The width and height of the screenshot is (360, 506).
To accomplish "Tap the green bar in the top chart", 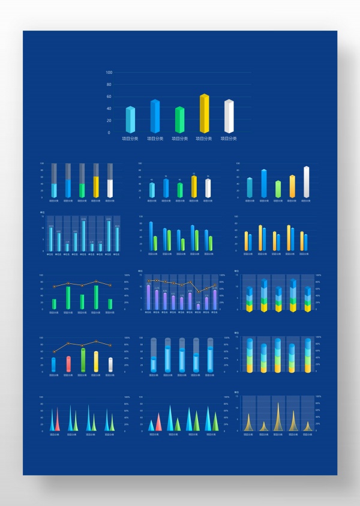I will coord(179,120).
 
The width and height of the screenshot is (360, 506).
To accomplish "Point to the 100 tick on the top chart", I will coord(109,73).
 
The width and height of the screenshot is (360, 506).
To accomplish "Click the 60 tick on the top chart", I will coord(109,97).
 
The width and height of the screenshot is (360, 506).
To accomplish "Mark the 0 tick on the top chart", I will coord(109,133).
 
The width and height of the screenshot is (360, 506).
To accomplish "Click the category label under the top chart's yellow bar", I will coord(204,139).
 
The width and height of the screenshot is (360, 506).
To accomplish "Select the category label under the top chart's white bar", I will coord(229,139).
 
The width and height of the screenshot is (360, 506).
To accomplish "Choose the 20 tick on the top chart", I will coord(109,121).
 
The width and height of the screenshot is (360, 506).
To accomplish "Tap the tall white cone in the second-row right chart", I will coord(306,182).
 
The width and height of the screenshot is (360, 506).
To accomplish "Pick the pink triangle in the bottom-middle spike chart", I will coord(158,423).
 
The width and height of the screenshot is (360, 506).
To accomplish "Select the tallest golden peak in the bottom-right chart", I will coord(278,417).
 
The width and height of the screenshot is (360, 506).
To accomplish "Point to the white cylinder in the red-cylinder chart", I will coord(110,364).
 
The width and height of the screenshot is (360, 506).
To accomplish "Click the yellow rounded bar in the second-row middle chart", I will coord(194,186).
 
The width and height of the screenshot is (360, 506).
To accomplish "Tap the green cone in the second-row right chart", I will coord(278,189).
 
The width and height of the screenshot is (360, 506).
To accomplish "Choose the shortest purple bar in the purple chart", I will coord(198,307).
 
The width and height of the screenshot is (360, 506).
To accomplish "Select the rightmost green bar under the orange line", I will coord(110,304).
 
